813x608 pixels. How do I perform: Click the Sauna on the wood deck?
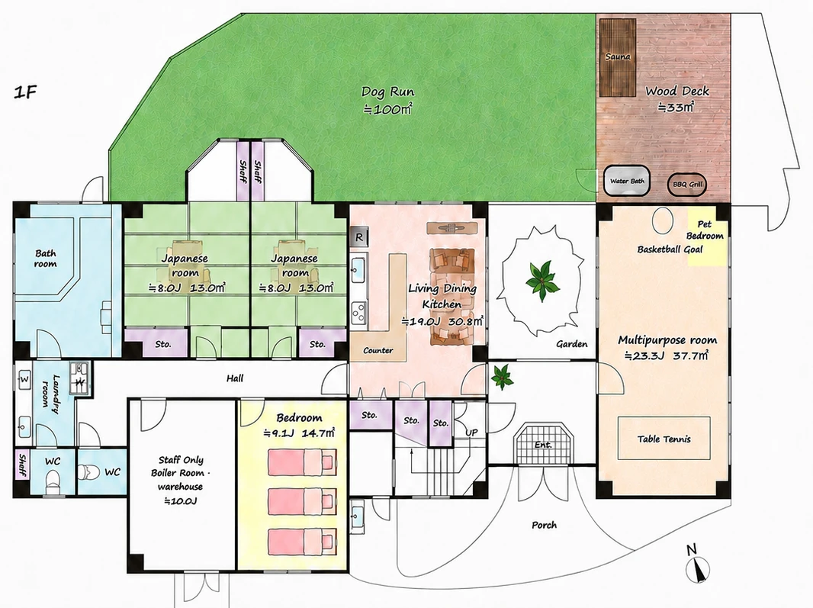pyautogui.click(x=618, y=57)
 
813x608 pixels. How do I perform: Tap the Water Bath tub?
pyautogui.click(x=627, y=182)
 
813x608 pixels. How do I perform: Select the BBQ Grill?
pyautogui.click(x=686, y=184)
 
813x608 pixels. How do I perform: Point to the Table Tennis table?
pyautogui.click(x=664, y=439)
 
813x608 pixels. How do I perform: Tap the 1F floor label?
pyautogui.click(x=26, y=93)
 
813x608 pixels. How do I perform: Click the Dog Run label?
pyautogui.click(x=388, y=92)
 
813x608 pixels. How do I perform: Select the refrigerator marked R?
pyautogui.click(x=358, y=238)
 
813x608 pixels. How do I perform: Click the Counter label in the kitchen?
pyautogui.click(x=378, y=350)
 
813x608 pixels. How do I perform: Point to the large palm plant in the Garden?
pyautogui.click(x=541, y=281)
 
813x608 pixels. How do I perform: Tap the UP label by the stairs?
pyautogui.click(x=471, y=433)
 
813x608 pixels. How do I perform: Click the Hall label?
pyautogui.click(x=235, y=378)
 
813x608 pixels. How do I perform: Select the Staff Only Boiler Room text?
pyautogui.click(x=181, y=467)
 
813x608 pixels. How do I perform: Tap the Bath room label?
pyautogui.click(x=46, y=259)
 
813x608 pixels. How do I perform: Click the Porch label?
pyautogui.click(x=544, y=525)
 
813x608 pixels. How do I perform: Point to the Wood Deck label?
pyautogui.click(x=677, y=92)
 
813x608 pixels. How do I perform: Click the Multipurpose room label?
pyautogui.click(x=667, y=340)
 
